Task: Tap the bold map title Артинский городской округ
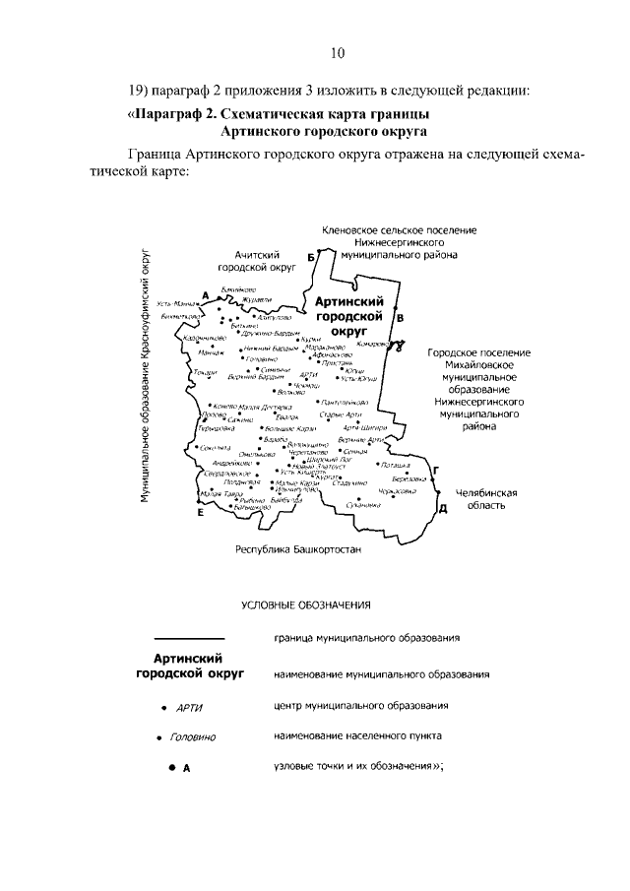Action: (347, 317)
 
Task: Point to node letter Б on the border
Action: (312, 257)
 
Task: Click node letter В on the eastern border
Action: (400, 318)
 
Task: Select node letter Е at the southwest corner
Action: (201, 513)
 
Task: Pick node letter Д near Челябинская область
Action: (443, 508)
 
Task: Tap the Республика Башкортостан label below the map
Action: (298, 549)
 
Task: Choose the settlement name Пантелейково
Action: (346, 403)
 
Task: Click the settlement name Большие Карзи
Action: (290, 429)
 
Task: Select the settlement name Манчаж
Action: (211, 351)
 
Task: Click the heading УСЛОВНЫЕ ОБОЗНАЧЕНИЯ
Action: (306, 604)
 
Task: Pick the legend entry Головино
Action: (193, 736)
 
